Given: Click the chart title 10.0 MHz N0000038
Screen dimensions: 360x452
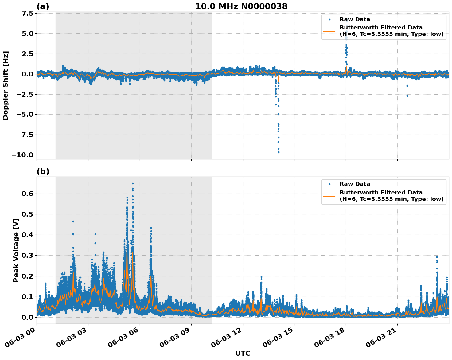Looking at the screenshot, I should point(241,6).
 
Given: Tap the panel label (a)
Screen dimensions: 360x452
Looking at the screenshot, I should point(43,6).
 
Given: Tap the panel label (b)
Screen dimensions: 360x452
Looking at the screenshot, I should point(43,171).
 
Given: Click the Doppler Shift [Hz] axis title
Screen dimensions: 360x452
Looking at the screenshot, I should point(6,85).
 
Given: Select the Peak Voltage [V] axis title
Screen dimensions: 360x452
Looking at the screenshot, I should point(16,250).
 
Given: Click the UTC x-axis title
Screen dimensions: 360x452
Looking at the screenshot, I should point(243,353).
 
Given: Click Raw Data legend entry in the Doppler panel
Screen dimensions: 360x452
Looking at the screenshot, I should point(355,19).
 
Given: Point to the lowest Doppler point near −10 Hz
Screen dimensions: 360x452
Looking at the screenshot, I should point(279,152).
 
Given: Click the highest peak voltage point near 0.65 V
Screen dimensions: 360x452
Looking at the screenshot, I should point(133,184).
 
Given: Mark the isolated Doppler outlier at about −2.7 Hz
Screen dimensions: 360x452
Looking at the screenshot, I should point(407,96).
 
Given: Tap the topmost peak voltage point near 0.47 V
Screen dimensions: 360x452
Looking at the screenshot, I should point(73,221).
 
